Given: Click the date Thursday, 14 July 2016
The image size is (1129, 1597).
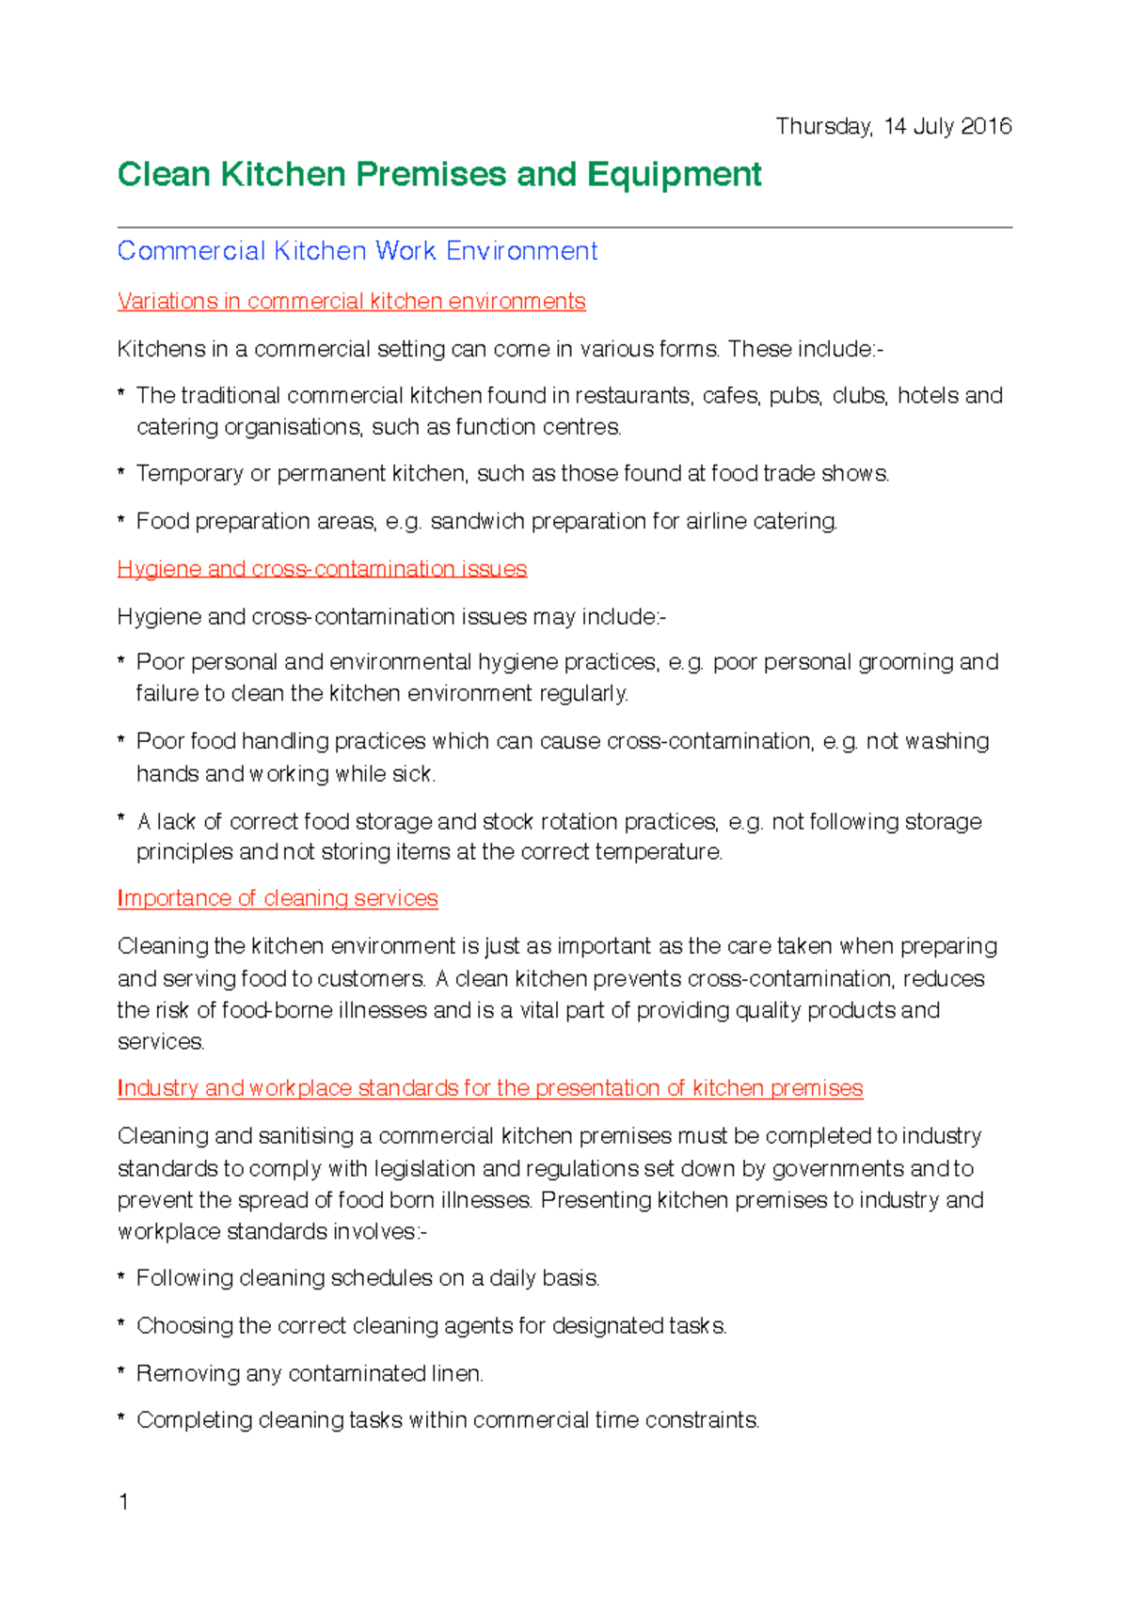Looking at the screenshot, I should pyautogui.click(x=893, y=127).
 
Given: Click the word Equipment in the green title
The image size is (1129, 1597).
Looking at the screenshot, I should pyautogui.click(x=674, y=175).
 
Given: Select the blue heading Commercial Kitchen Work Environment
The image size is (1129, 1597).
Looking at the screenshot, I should pyautogui.click(x=358, y=251).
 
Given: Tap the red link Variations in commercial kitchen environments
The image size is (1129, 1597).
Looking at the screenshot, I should pyautogui.click(x=351, y=301).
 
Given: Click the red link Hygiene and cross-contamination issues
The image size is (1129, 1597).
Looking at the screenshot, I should pyautogui.click(x=322, y=569).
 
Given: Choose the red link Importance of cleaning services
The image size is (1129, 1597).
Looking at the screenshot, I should pyautogui.click(x=278, y=898).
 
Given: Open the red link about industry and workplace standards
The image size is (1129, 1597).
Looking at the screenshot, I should pyautogui.click(x=489, y=1088).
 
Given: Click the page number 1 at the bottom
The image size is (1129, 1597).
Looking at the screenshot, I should pyautogui.click(x=123, y=1501).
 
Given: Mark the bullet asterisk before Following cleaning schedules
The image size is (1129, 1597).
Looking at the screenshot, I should pyautogui.click(x=121, y=1277).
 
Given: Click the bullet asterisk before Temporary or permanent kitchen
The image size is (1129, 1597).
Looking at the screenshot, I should pyautogui.click(x=121, y=472).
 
